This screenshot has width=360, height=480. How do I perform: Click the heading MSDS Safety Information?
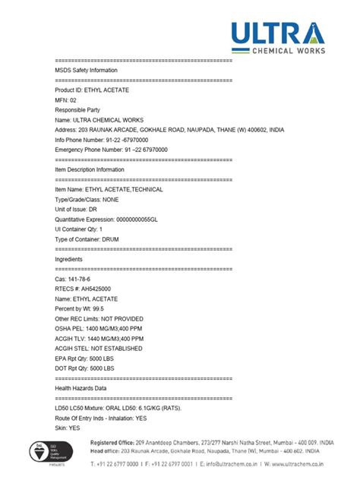(86, 70)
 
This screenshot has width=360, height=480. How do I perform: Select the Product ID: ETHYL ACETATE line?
(92, 90)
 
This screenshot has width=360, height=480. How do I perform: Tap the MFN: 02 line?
(66, 99)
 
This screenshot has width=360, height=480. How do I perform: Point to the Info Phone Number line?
(102, 140)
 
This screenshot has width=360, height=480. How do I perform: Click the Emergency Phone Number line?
(112, 150)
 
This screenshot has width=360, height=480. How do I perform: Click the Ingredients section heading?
(69, 259)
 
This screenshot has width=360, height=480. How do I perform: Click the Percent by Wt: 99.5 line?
(81, 308)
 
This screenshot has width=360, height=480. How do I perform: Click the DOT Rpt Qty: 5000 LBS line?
(84, 368)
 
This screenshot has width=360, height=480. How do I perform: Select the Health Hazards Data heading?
(86, 387)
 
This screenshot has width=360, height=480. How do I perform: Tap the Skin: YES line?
(68, 428)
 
